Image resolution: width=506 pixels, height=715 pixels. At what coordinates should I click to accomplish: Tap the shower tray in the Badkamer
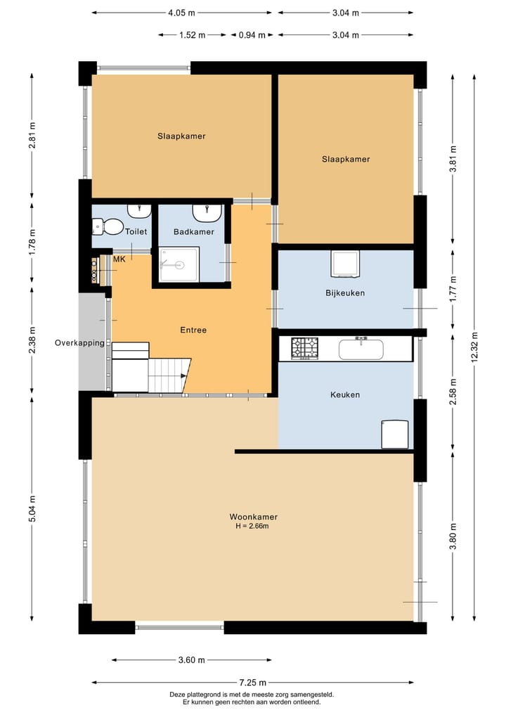[179, 264]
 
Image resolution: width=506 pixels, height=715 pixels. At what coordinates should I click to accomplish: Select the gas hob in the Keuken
[304, 349]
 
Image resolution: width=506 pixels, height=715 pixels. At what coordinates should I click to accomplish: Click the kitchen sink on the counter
[361, 349]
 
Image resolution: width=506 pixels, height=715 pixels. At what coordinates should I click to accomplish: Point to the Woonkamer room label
[254, 517]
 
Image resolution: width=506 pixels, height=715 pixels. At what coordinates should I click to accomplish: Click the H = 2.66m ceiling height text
[252, 526]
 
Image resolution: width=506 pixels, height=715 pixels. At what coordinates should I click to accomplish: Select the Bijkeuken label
[345, 292]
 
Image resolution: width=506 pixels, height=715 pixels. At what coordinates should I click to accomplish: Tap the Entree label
[193, 330]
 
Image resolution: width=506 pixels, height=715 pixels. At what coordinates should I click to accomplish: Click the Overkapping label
[80, 342]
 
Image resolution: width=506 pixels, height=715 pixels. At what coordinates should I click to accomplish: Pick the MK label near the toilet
[119, 259]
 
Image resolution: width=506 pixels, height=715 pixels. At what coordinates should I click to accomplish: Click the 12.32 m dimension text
[474, 347]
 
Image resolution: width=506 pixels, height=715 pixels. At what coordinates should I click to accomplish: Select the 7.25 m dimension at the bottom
[252, 683]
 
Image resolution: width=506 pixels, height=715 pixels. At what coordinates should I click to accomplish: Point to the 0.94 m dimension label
[252, 35]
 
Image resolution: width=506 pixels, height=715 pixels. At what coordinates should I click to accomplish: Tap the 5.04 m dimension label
[32, 508]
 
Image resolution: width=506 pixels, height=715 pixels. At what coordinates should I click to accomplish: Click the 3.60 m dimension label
[191, 660]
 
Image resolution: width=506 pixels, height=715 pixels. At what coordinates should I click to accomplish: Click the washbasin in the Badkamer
[207, 212]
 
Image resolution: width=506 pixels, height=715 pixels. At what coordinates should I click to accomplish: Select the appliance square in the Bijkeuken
[344, 264]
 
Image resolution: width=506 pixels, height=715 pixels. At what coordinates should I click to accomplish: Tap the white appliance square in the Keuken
[395, 434]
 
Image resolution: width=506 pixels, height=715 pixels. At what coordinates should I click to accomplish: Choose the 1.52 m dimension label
[192, 35]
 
